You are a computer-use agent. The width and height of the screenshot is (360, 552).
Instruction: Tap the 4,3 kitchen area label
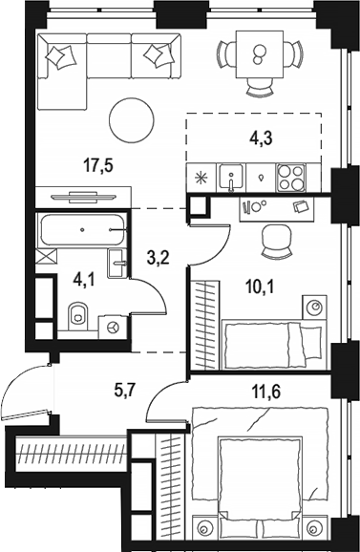tap(261, 138)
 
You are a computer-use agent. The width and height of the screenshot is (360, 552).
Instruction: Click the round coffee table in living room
tap(131, 120)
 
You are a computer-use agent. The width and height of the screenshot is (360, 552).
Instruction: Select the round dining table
tap(255, 52)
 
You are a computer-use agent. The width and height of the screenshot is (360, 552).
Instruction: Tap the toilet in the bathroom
tap(78, 312)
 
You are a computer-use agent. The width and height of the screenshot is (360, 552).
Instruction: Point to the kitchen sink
tap(229, 176)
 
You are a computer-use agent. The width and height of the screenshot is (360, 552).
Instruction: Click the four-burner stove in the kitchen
tap(292, 176)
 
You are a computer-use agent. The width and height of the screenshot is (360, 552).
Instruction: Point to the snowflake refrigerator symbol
tap(201, 178)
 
